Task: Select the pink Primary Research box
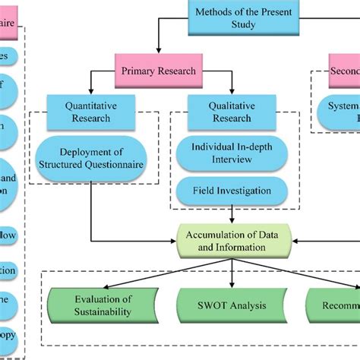point(158,71)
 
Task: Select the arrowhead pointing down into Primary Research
point(158,51)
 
